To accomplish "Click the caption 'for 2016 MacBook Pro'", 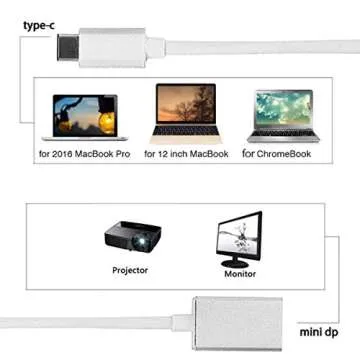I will (x=84, y=154).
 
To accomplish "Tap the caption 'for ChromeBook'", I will (x=284, y=154).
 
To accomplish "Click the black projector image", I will (x=131, y=239).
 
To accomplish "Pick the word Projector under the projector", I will (x=129, y=270).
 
